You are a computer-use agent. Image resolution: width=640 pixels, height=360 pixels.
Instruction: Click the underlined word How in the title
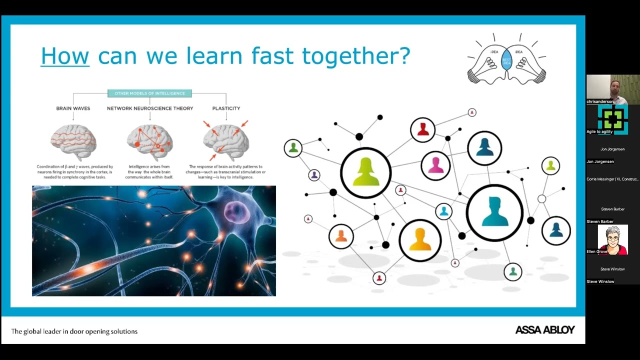[65, 55]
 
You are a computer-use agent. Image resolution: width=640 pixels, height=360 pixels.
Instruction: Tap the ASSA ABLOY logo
[545, 330]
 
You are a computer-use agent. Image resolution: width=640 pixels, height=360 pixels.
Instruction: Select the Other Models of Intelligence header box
[149, 93]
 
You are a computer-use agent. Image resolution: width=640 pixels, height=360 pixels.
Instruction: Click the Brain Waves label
[73, 108]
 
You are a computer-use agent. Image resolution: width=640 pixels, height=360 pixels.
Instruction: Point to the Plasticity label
[226, 108]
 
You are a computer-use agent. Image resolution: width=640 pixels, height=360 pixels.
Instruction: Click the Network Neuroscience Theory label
[150, 108]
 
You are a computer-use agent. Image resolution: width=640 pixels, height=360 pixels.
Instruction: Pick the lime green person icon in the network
[366, 172]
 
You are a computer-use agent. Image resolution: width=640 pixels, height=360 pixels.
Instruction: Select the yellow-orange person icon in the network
[420, 240]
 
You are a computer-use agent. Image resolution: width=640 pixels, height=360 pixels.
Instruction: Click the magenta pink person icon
[435, 165]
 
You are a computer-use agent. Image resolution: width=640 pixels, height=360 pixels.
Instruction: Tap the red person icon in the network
[423, 130]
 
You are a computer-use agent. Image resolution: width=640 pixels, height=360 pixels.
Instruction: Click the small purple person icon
[314, 175]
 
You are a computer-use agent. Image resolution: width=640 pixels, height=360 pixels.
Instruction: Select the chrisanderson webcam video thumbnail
[612, 89]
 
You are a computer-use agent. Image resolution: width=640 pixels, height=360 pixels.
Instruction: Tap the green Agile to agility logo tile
[612, 119]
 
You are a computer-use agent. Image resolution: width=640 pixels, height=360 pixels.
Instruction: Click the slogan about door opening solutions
[74, 331]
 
